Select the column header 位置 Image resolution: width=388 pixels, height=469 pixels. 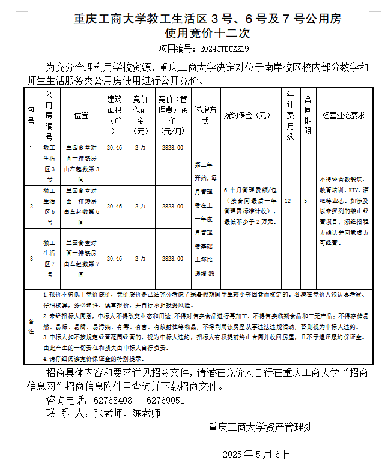pyautogui.click(x=82, y=115)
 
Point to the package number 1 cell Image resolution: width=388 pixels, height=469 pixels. pyautogui.click(x=31, y=147)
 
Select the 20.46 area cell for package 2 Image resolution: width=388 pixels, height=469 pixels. pyautogui.click(x=114, y=206)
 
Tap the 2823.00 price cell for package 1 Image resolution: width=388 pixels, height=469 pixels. pyautogui.click(x=172, y=147)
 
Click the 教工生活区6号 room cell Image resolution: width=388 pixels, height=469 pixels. pyautogui.click(x=49, y=206)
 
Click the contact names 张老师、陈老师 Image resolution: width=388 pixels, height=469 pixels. pyautogui.click(x=126, y=413)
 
